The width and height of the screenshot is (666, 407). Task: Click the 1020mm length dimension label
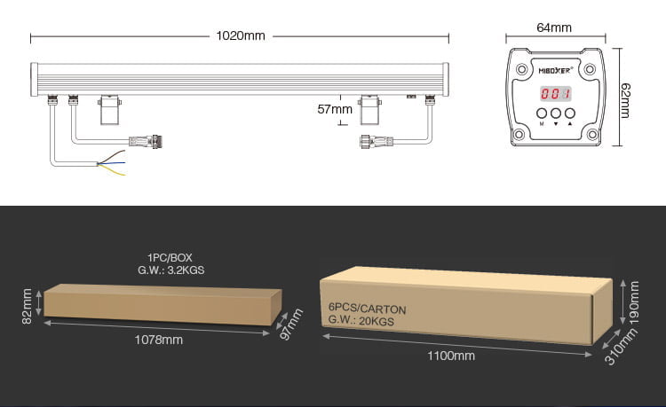coord(241,36)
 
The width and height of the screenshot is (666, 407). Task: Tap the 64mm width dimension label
coord(554,27)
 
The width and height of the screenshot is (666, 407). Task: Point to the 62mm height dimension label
coord(625,100)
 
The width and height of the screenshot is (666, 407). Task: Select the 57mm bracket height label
coord(335,109)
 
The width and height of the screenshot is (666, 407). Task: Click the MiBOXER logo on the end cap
coord(556,70)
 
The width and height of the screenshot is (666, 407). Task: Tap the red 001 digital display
coord(556,93)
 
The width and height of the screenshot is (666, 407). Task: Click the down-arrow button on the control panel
coord(556,113)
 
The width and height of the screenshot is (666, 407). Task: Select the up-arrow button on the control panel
coord(570,113)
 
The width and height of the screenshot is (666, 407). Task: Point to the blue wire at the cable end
coord(112,163)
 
